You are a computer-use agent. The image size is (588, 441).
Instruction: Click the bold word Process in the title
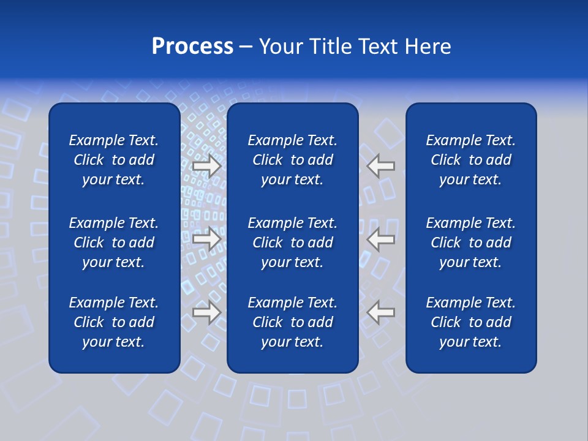coord(192,47)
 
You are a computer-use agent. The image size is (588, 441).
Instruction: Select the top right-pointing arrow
coord(207,167)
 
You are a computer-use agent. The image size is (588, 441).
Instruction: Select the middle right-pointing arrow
coord(207,239)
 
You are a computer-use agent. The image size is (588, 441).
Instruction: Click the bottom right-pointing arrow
coord(207,312)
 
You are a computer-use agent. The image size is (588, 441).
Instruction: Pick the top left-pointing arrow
coord(380,167)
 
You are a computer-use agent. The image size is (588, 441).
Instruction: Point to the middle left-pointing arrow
coord(380,239)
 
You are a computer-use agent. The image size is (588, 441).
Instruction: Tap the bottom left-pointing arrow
coord(380,312)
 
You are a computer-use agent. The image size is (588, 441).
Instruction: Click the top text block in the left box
coord(113,160)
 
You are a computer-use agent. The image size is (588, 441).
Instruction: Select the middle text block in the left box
coord(113,243)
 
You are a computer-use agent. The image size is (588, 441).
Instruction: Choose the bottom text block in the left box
coord(113,322)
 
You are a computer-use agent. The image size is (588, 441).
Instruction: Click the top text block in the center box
coord(292,160)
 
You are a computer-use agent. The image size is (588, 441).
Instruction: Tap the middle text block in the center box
coord(292,243)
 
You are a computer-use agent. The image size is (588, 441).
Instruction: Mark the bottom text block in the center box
coord(292,322)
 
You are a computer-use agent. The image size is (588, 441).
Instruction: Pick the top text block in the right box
coord(470,160)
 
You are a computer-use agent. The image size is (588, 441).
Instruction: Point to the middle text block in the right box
coord(470,243)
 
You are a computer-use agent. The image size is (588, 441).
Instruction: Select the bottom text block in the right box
coord(470,322)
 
